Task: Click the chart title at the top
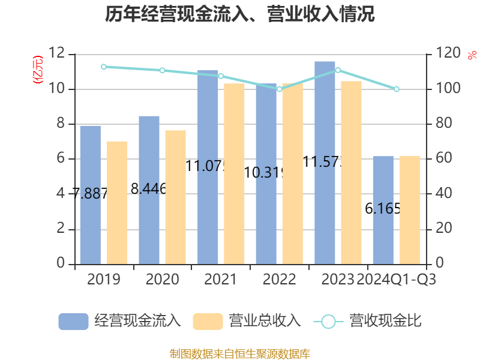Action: (240, 14)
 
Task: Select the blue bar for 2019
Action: (90, 194)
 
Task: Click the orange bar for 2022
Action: (293, 173)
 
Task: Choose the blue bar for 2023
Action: (325, 162)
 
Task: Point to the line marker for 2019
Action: (103, 67)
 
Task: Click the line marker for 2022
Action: (279, 89)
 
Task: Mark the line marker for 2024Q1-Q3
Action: (397, 89)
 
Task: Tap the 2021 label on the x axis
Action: (220, 280)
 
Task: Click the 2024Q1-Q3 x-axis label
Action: (397, 280)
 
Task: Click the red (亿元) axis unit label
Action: (37, 70)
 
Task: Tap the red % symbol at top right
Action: (472, 55)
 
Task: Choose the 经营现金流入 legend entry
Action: (120, 321)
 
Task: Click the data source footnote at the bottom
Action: (240, 353)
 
